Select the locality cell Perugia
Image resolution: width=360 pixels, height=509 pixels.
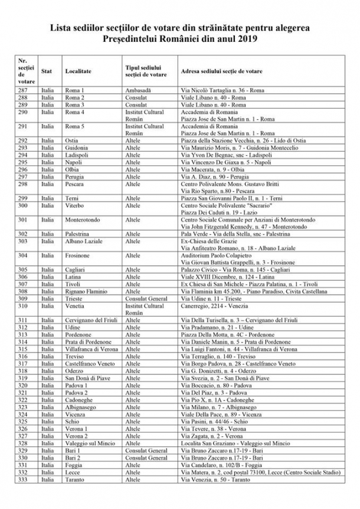pos(75,176)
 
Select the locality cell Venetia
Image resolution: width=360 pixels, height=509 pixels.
pos(76,306)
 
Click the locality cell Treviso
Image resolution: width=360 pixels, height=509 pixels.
pos(76,356)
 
